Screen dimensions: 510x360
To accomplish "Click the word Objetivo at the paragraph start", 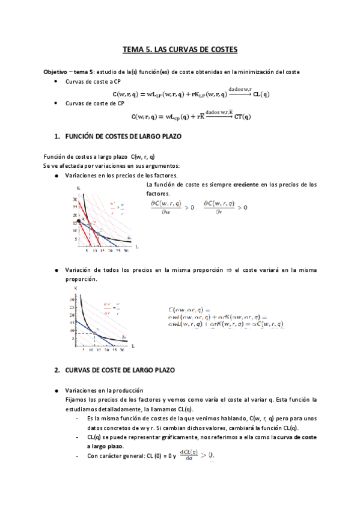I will (55, 72).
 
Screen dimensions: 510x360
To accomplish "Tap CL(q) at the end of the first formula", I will (261, 94).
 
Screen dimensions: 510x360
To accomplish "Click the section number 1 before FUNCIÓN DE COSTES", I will (56, 137).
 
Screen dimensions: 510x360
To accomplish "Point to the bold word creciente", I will (247, 185).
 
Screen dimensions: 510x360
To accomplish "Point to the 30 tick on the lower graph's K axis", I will (72, 299).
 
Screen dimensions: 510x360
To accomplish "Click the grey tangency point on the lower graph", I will (95, 333).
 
